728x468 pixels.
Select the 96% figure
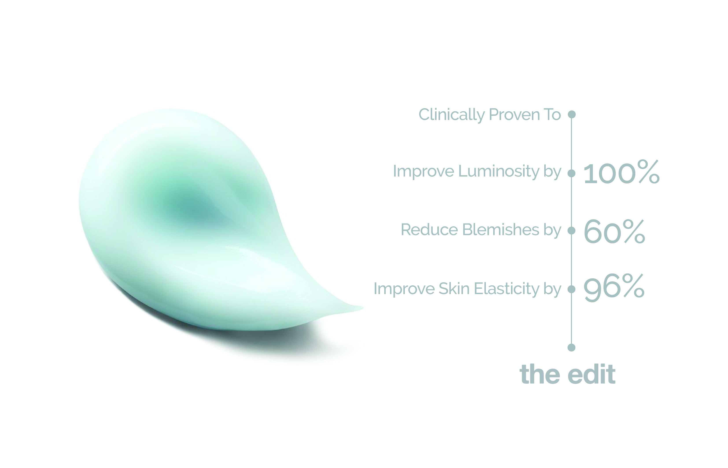(x=614, y=287)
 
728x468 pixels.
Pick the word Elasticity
(x=507, y=289)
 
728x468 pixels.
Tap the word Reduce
(x=429, y=230)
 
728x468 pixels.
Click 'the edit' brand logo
(x=567, y=374)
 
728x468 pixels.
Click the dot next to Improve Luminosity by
(x=571, y=173)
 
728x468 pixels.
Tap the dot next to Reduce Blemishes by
(x=571, y=230)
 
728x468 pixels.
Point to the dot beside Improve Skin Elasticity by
(x=571, y=289)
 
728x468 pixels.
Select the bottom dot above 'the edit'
(x=571, y=347)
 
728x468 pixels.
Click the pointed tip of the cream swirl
(x=363, y=308)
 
